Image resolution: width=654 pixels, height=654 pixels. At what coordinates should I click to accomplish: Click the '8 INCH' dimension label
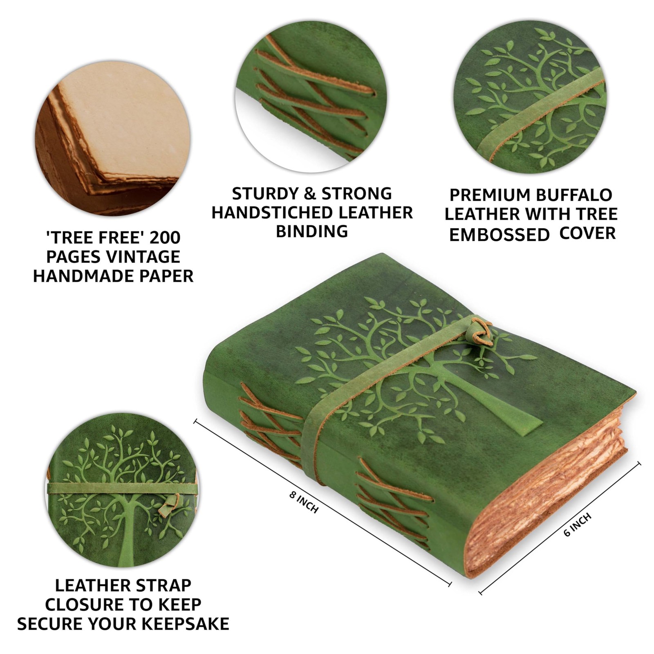click(304, 502)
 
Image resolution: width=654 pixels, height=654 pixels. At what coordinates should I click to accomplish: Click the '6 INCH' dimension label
click(577, 525)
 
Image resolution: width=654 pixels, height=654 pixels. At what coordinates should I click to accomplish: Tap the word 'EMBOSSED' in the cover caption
click(499, 235)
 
